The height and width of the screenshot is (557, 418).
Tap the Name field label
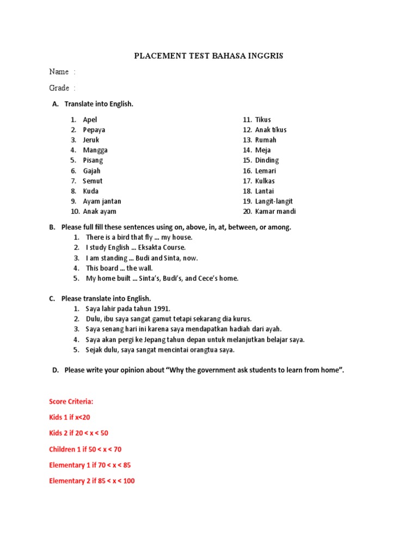click(59, 72)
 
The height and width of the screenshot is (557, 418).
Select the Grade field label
click(59, 88)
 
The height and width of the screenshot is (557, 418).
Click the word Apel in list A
click(90, 120)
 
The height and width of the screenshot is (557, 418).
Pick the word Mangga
click(95, 150)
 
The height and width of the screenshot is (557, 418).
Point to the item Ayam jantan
click(102, 201)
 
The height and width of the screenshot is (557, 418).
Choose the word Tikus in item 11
click(263, 120)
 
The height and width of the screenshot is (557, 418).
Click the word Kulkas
click(265, 181)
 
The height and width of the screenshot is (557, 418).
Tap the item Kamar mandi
click(275, 212)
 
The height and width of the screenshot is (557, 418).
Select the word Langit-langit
click(275, 201)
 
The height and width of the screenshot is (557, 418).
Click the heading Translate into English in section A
click(99, 104)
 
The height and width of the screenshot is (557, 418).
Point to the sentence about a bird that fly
click(139, 237)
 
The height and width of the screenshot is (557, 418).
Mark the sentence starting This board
click(119, 268)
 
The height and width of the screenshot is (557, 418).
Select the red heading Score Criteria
click(71, 401)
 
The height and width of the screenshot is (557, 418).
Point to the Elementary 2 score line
click(91, 481)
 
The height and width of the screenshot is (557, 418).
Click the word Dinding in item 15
click(267, 160)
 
